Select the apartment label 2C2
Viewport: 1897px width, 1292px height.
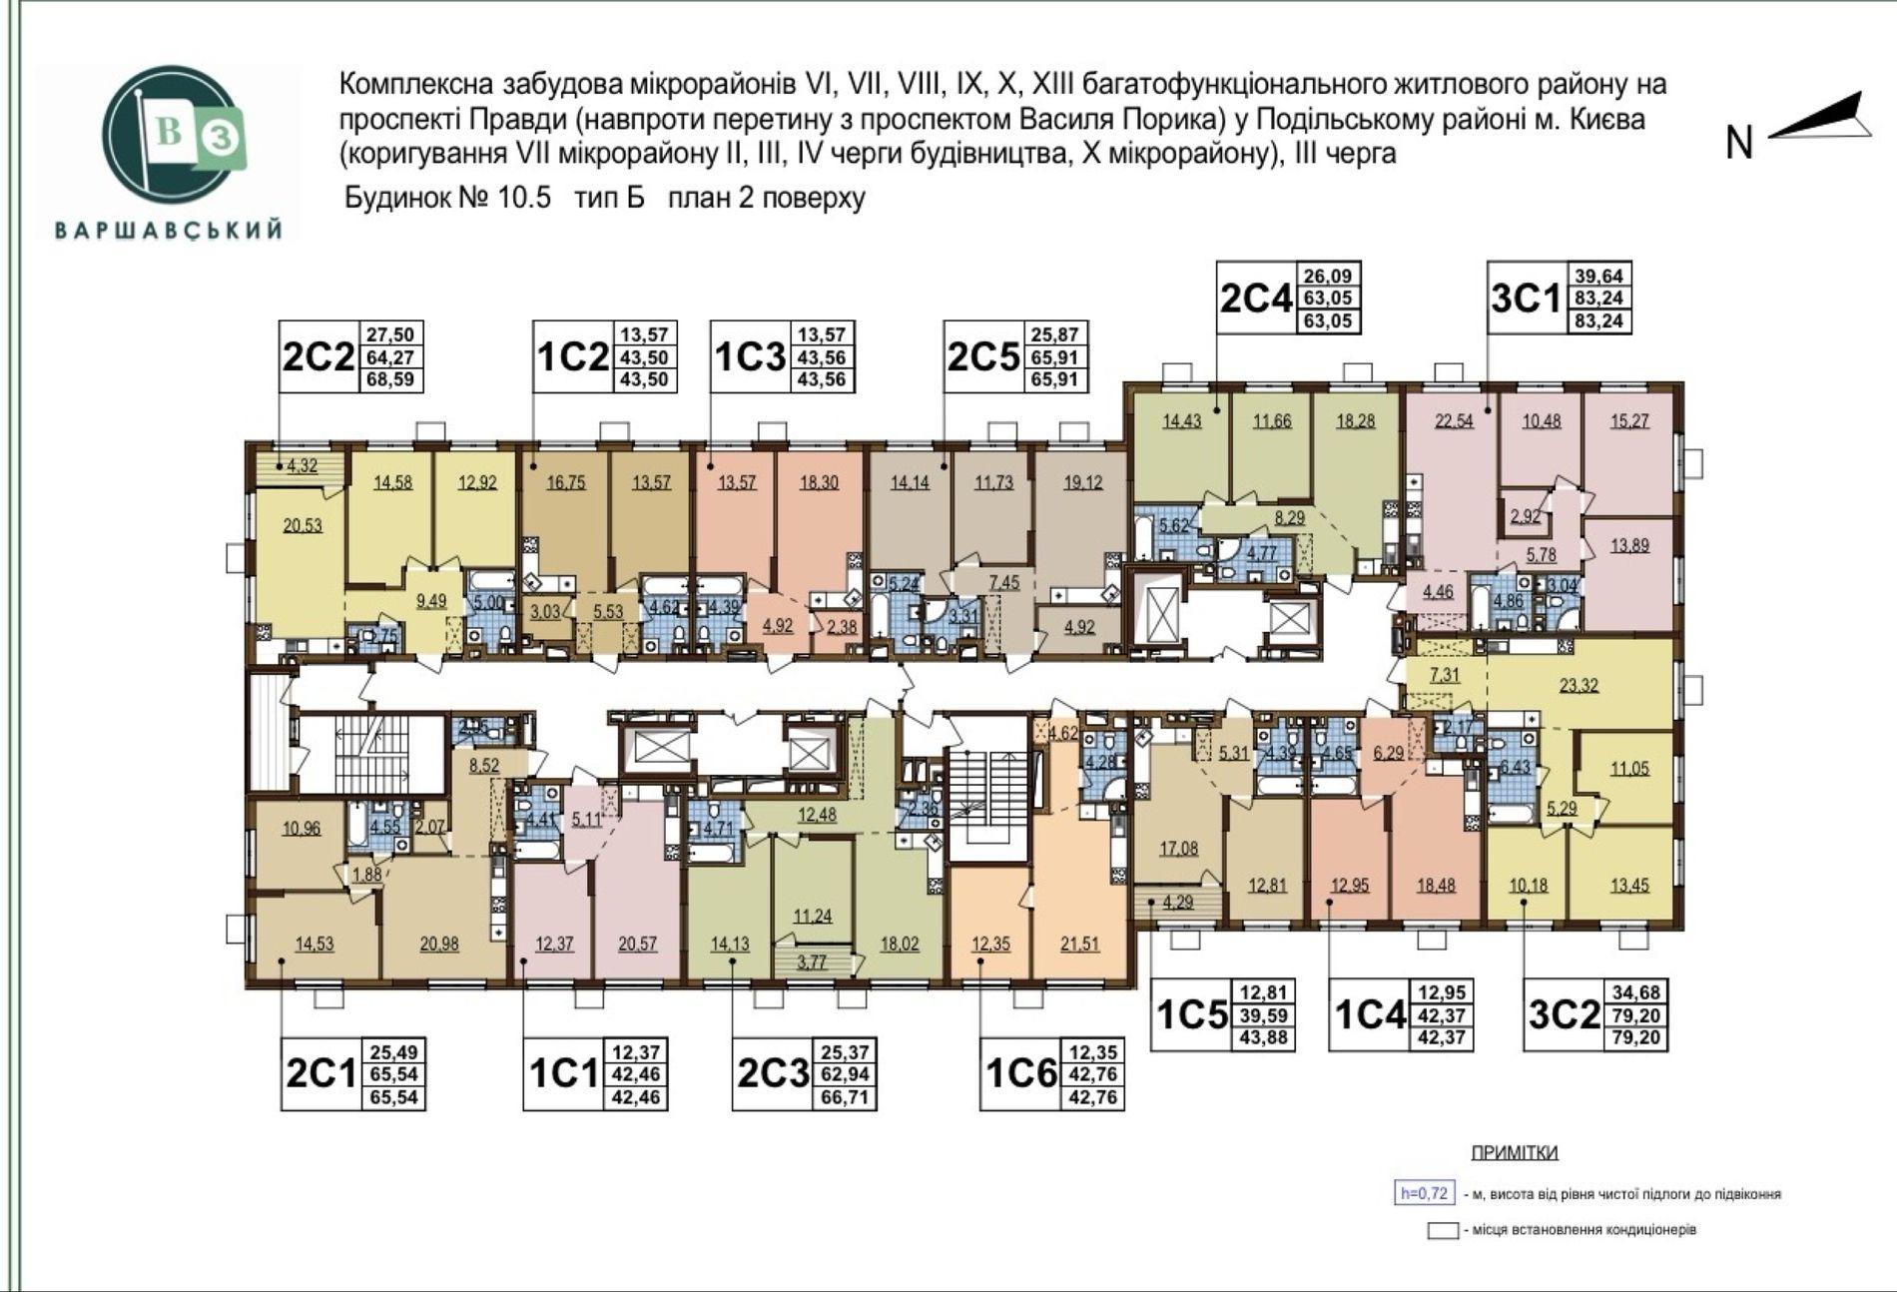[318, 356]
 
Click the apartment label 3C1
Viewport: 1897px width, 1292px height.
[1524, 298]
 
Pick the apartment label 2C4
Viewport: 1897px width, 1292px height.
[1255, 298]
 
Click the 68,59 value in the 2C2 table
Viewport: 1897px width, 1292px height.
[390, 379]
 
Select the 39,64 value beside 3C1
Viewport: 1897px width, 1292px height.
[1598, 276]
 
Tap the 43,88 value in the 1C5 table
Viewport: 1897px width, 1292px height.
[1264, 1038]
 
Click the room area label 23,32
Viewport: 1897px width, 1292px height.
[1579, 685]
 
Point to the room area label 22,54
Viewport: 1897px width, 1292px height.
[1454, 421]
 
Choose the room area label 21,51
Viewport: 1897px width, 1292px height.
[1079, 944]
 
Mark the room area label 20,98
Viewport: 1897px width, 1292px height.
[439, 944]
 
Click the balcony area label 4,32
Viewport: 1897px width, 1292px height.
[303, 465]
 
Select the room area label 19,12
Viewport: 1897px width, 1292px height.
[1083, 482]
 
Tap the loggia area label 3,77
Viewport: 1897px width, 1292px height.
[812, 963]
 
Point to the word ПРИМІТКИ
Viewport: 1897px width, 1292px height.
[1514, 1153]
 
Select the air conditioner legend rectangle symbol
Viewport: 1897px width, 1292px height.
[1442, 1231]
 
